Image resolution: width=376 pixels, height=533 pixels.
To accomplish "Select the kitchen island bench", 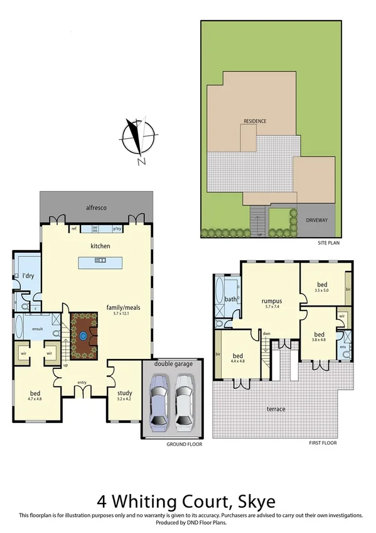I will tap(100, 263).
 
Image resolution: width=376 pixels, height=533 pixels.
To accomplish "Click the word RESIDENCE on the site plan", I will tap(255, 121).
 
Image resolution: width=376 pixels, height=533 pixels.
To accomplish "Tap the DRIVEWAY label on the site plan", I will tap(317, 221).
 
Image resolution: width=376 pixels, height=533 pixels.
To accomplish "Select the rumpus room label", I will tap(271, 300).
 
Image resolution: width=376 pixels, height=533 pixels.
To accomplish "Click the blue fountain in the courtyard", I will tap(83, 336).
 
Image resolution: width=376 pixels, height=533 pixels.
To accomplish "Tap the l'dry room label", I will tap(28, 277).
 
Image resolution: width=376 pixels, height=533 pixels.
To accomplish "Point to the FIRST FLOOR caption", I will tap(323, 443).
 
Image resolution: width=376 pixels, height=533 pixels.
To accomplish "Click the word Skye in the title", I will tap(254, 502).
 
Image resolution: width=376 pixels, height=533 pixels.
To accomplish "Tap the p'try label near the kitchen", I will tap(117, 229).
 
